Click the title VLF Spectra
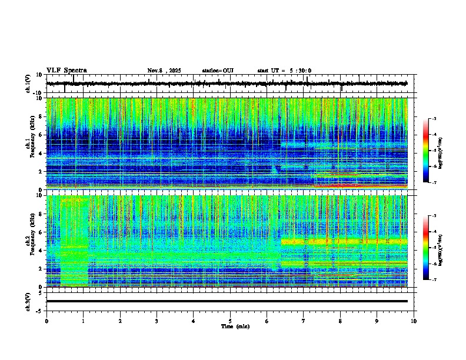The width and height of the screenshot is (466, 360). (66, 71)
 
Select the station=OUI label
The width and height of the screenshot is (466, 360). (218, 71)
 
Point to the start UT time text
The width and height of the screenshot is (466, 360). (284, 71)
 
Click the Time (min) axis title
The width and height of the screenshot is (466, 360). (235, 326)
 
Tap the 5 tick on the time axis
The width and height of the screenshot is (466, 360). (230, 321)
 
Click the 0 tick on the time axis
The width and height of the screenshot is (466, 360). (46, 321)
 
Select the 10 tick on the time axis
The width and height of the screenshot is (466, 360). (414, 321)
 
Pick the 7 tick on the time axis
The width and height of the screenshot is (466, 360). (304, 321)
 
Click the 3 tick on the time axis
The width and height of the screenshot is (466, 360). (157, 321)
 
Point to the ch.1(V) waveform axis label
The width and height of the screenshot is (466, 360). (28, 84)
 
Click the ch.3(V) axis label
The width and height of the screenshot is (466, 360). (28, 301)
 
